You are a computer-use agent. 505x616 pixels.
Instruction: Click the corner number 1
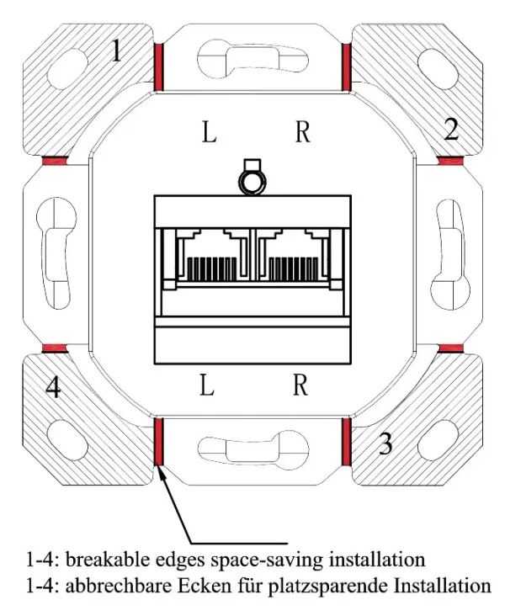116,50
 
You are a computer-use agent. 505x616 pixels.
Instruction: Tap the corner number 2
451,130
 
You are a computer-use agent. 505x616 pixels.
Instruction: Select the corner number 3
385,443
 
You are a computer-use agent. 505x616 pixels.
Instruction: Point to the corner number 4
54,387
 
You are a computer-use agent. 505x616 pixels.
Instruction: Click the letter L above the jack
209,132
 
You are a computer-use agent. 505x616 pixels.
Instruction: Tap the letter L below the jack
207,385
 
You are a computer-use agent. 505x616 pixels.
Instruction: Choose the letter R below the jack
300,385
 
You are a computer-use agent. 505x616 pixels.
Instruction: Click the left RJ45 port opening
212,255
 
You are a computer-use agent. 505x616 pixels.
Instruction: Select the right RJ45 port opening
293,255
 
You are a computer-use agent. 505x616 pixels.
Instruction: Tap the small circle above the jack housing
252,183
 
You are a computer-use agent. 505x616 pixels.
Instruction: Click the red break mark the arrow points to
158,441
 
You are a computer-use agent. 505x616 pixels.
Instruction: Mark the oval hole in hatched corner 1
67,68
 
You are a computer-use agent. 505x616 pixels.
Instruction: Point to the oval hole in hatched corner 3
439,441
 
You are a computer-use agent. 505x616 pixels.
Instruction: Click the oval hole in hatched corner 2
439,69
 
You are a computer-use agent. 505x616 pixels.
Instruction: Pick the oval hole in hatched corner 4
67,439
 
